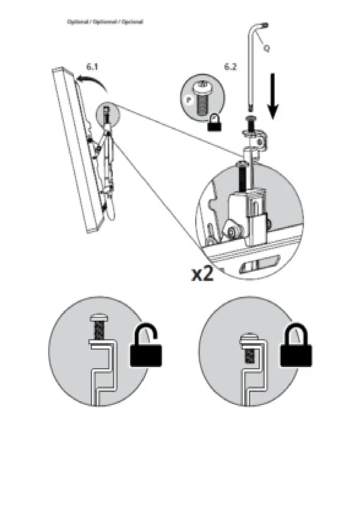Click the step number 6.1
pyautogui.click(x=92, y=67)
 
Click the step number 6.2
pyautogui.click(x=230, y=67)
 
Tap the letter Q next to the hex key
pyautogui.click(x=267, y=48)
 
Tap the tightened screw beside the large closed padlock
pyautogui.click(x=248, y=348)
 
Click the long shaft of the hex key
pyautogui.click(x=251, y=70)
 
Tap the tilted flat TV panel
pyautogui.click(x=76, y=151)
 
